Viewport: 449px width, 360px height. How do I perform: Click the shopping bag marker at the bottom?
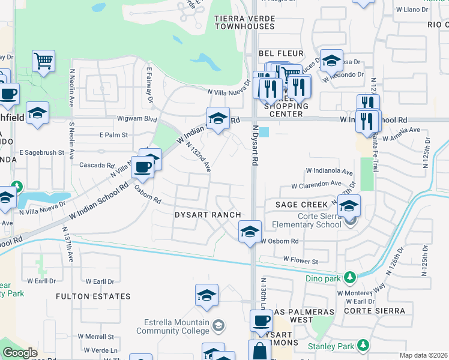259,350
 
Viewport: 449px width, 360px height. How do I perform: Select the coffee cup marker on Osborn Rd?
142,167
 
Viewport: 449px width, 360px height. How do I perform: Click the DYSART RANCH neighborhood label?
208,215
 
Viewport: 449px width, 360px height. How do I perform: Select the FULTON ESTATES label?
93,296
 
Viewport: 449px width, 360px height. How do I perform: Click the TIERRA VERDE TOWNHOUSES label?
244,23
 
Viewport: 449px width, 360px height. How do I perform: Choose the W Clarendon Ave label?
316,185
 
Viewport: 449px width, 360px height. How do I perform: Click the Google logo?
20,353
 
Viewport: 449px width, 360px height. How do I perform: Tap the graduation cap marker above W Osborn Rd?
250,231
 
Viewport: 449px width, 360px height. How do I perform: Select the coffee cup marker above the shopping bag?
261,321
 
